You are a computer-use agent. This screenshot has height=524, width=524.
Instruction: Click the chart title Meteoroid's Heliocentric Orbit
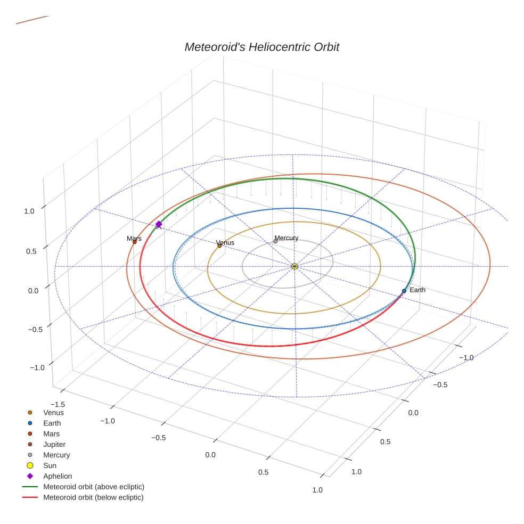pyautogui.click(x=261, y=47)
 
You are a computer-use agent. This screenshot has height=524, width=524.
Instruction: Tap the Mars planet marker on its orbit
pyautogui.click(x=134, y=242)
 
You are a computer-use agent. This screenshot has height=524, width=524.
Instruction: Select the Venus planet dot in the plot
pyautogui.click(x=219, y=245)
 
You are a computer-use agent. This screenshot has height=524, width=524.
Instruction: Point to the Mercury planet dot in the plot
pyautogui.click(x=275, y=241)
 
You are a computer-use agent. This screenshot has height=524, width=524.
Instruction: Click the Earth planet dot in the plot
pyautogui.click(x=404, y=291)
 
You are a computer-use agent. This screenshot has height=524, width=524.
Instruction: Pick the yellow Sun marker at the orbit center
pyautogui.click(x=294, y=266)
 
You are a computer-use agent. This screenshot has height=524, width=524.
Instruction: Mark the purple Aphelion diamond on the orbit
pyautogui.click(x=159, y=225)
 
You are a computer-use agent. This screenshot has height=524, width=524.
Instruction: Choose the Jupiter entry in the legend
pyautogui.click(x=54, y=444)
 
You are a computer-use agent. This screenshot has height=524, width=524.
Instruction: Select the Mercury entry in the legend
pyautogui.click(x=56, y=455)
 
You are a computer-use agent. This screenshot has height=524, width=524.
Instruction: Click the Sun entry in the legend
pyautogui.click(x=50, y=465)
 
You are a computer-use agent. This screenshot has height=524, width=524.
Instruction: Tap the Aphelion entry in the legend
pyautogui.click(x=58, y=476)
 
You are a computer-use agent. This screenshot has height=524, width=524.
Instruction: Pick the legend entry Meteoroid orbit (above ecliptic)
pyautogui.click(x=94, y=487)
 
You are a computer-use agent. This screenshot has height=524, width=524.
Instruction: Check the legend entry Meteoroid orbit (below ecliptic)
pyautogui.click(x=93, y=497)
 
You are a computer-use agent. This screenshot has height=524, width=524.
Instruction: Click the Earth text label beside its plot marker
pyautogui.click(x=417, y=290)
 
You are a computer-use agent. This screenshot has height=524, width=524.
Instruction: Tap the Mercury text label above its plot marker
pyautogui.click(x=286, y=238)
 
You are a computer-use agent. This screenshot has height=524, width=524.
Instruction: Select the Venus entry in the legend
pyautogui.click(x=53, y=412)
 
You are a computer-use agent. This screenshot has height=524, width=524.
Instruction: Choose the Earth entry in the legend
pyautogui.click(x=52, y=423)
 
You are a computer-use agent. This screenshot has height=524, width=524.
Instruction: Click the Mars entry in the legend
pyautogui.click(x=52, y=433)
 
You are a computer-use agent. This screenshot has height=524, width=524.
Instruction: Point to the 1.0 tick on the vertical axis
pyautogui.click(x=29, y=211)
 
